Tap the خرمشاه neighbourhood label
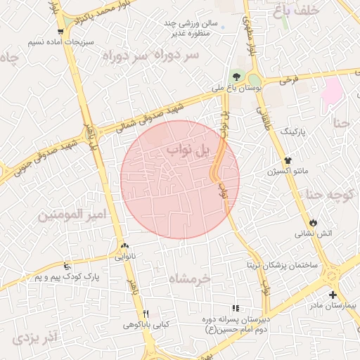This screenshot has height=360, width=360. click(x=189, y=278)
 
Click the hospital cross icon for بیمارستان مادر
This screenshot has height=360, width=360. click(x=333, y=295)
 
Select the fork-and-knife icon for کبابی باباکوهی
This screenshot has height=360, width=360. click(x=146, y=314)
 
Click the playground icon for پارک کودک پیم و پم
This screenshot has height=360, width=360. click(x=67, y=266)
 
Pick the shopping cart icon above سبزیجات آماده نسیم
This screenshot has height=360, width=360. click(x=62, y=32)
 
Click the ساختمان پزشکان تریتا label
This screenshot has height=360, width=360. click(x=281, y=265)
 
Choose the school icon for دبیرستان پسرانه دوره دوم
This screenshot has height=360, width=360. click(x=236, y=308)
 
